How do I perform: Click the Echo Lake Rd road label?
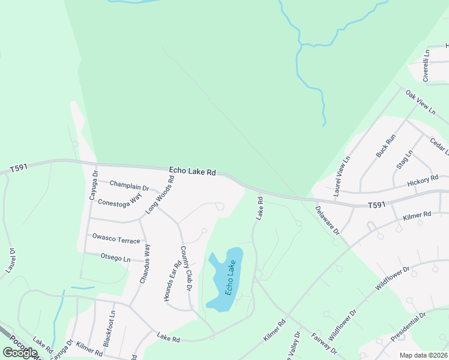(x=192, y=172)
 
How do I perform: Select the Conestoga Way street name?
(x=120, y=199)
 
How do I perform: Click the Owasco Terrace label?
(x=116, y=241)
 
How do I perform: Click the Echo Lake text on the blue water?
(x=230, y=277)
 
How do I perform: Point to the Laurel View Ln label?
(x=342, y=177)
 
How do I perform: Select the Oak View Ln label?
(x=420, y=102)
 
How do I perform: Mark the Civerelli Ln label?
(x=426, y=65)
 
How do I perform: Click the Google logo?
(x=20, y=353)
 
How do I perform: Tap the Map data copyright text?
(x=424, y=355)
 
